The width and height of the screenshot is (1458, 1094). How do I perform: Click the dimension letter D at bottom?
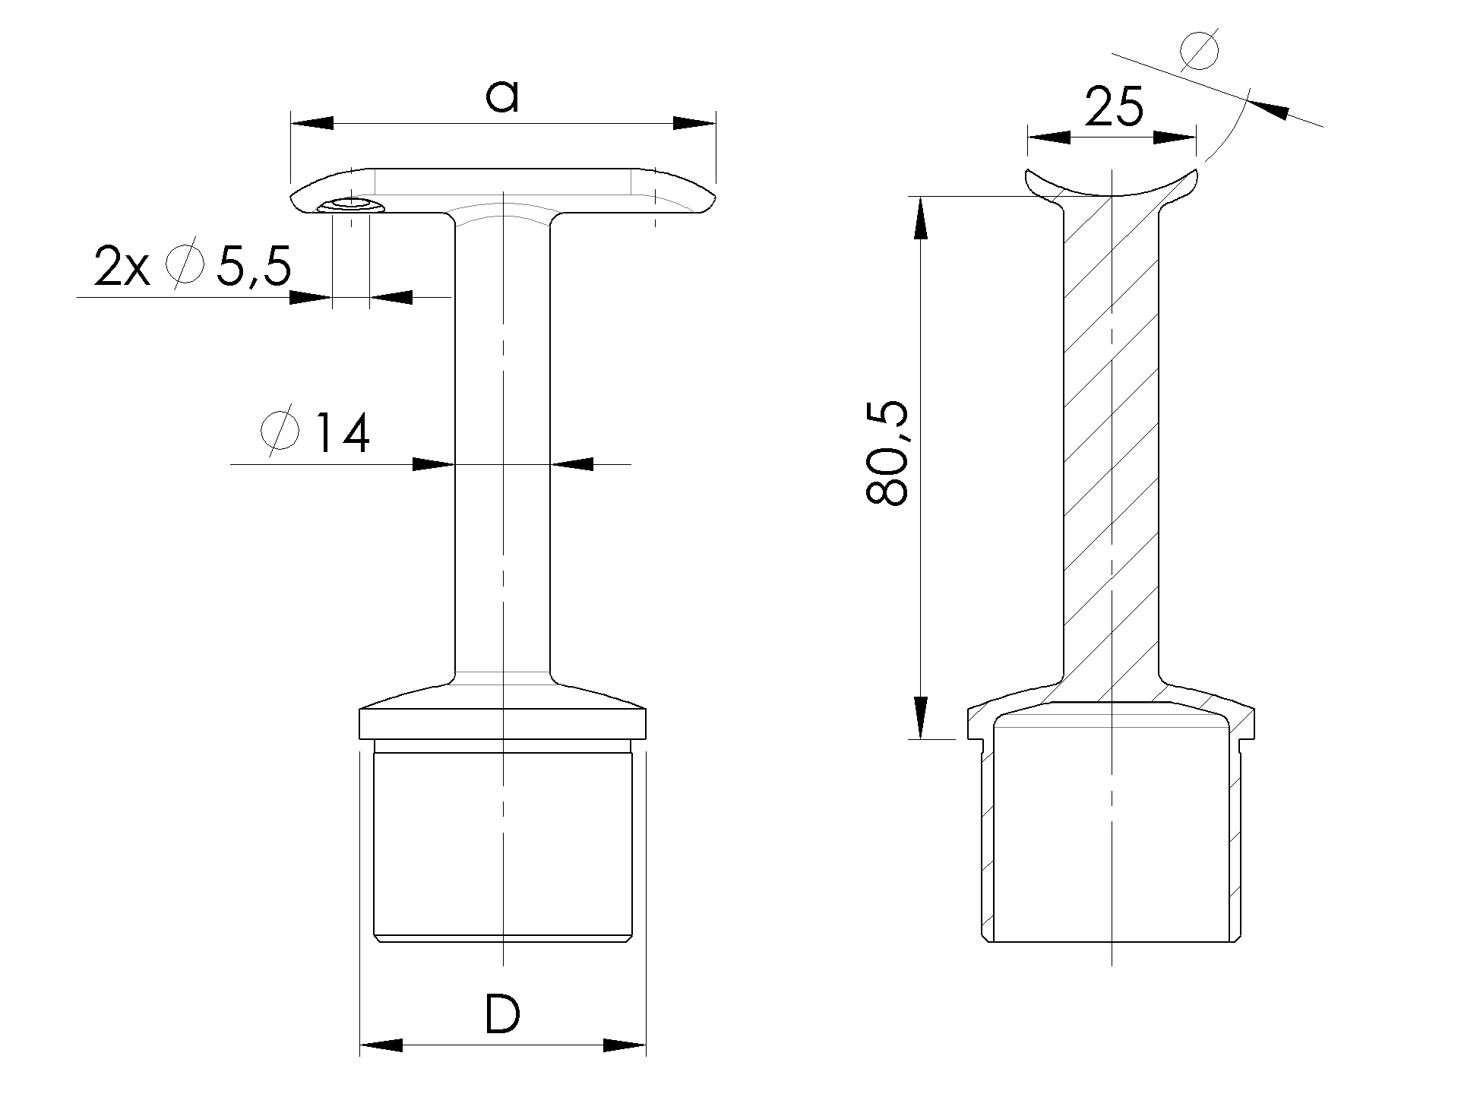502,1016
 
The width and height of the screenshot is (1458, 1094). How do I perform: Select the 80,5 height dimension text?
887,454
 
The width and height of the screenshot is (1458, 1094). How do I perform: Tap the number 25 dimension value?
1113,107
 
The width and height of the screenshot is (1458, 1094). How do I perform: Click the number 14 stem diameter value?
342,435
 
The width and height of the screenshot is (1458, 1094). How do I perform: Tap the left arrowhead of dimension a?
312,123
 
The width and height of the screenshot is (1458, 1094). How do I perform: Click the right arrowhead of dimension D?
625,1046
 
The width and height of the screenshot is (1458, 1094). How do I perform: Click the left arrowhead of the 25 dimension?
1048,138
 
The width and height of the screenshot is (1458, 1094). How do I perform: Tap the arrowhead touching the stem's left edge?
433,464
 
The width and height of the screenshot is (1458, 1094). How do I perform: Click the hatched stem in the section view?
1111,456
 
